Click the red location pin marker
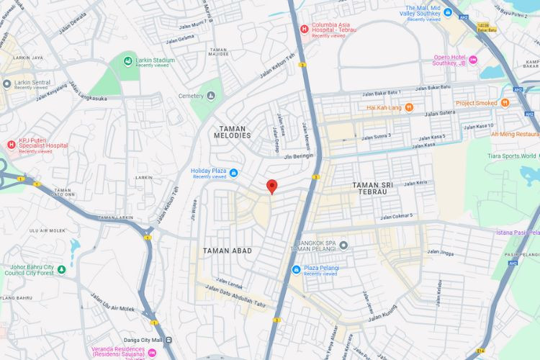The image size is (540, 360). [x=271, y=186]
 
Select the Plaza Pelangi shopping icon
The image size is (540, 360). [x=296, y=269]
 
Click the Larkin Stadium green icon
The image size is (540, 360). [x=127, y=60]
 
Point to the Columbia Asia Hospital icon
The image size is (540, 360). [x=305, y=29]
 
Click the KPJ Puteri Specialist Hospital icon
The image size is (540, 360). [x=11, y=145]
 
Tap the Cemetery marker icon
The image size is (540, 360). [x=211, y=95]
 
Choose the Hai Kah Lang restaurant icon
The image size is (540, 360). [x=409, y=107]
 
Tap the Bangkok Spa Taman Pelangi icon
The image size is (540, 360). [x=343, y=245]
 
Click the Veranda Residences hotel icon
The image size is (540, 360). [x=152, y=352]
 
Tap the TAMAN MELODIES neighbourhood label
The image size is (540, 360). [x=233, y=131]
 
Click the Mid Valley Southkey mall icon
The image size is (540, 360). [x=448, y=12]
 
